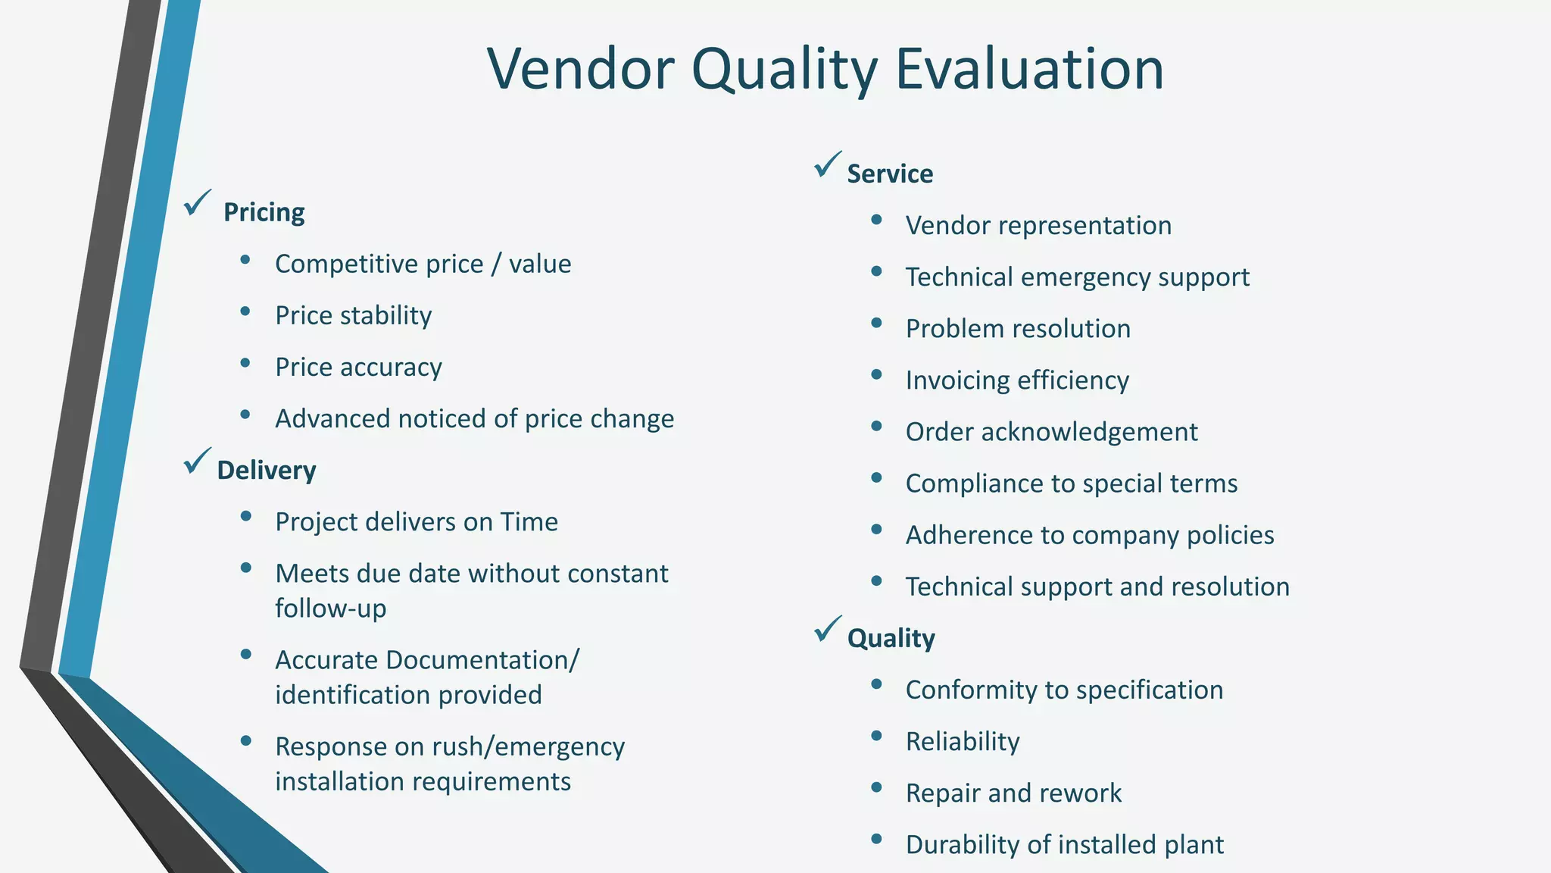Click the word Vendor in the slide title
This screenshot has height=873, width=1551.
pyautogui.click(x=580, y=70)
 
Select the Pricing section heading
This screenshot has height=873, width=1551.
pyautogui.click(x=264, y=212)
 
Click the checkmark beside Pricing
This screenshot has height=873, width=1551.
pyautogui.click(x=197, y=202)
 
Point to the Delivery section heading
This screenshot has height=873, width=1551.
pyautogui.click(x=266, y=471)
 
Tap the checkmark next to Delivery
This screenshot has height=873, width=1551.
pyautogui.click(x=197, y=460)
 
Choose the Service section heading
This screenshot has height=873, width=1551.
pyautogui.click(x=890, y=174)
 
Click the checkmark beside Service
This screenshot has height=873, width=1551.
pyautogui.click(x=828, y=164)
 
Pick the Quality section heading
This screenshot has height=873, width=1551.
pyautogui.click(x=891, y=639)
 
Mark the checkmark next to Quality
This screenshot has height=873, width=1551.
pyautogui.click(x=828, y=628)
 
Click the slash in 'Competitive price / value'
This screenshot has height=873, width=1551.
pyautogui.click(x=496, y=264)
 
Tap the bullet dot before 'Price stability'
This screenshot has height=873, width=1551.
pyautogui.click(x=245, y=311)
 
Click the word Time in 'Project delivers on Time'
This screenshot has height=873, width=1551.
pyautogui.click(x=529, y=522)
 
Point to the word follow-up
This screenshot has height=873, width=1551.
pyautogui.click(x=330, y=609)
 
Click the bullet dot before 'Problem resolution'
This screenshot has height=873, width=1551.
pyautogui.click(x=876, y=323)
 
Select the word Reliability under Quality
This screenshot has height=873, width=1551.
pyautogui.click(x=963, y=742)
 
